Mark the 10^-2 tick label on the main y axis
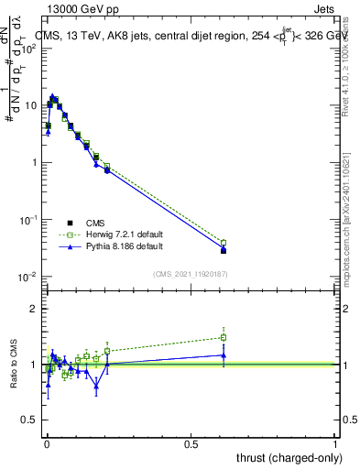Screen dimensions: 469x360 pyautogui.click(x=29, y=277)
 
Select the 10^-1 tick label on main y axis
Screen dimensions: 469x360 pyautogui.click(x=29, y=220)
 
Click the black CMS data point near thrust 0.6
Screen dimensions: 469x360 pyautogui.click(x=224, y=250)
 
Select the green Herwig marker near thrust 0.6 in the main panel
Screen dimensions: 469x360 pyautogui.click(x=224, y=243)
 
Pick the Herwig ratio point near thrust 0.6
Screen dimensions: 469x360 pyautogui.click(x=224, y=337)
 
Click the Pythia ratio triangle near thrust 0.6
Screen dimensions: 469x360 pyautogui.click(x=224, y=355)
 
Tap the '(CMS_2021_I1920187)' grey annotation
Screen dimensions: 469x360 pyautogui.click(x=190, y=273)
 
